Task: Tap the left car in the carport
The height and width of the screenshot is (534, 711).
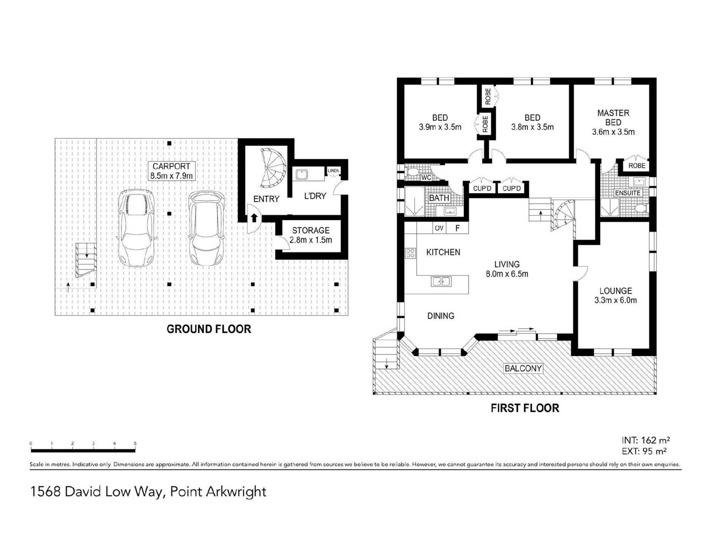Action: coord(136,228)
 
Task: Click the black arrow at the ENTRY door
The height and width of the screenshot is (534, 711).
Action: coord(254,218)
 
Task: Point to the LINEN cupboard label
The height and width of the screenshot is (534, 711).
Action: coord(333,171)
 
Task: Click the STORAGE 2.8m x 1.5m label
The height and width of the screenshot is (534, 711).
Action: coord(311,235)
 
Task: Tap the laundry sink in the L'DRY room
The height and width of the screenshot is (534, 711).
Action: coord(302,174)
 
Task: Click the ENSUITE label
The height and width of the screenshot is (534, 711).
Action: coord(627,193)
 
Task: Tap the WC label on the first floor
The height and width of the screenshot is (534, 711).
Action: coord(426,178)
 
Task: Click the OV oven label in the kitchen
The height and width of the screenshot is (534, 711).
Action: coord(439,228)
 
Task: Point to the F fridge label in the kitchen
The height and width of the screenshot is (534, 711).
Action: coord(458,228)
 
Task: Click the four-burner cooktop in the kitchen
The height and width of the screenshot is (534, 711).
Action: coord(410,253)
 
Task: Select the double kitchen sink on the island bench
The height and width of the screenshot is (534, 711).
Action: coord(441,282)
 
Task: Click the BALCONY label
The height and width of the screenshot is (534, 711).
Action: coord(523,368)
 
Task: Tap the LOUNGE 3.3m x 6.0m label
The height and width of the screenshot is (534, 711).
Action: coord(615,295)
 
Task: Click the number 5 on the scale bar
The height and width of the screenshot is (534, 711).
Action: coord(135,444)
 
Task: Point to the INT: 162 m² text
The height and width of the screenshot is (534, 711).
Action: coord(646,440)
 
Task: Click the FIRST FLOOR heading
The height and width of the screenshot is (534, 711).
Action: coord(525,408)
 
